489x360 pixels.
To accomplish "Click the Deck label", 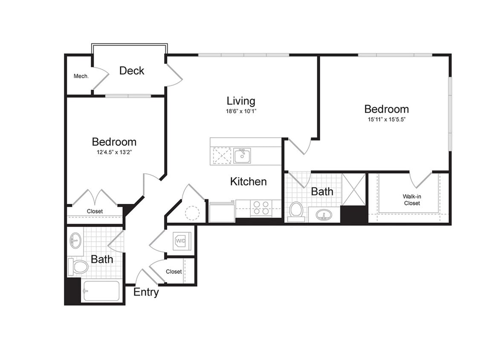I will pyautogui.click(x=132, y=71).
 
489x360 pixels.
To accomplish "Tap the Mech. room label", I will pyautogui.click(x=81, y=76).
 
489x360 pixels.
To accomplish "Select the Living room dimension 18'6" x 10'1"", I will pyautogui.click(x=241, y=111).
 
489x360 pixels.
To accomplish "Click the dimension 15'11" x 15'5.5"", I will pyautogui.click(x=386, y=119).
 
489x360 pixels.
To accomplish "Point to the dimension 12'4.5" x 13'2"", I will pyautogui.click(x=114, y=152).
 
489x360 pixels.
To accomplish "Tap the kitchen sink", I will pyautogui.click(x=242, y=156).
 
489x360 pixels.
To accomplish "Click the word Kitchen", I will pyautogui.click(x=248, y=182).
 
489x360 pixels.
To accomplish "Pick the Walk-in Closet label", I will pyautogui.click(x=411, y=200).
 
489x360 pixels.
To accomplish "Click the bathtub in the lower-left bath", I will pyautogui.click(x=101, y=291).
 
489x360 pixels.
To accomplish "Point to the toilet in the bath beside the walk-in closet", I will pyautogui.click(x=296, y=210).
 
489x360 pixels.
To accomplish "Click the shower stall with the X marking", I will pyautogui.click(x=354, y=189).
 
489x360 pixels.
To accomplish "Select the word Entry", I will pyautogui.click(x=146, y=293).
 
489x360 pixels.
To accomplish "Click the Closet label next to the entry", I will pyautogui.click(x=174, y=272).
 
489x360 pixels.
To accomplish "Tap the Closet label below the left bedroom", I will pyautogui.click(x=95, y=212).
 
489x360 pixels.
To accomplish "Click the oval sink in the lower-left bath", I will pyautogui.click(x=75, y=241).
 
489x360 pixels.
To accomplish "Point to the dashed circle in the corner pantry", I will pyautogui.click(x=192, y=213).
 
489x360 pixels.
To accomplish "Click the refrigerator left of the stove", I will pyautogui.click(x=222, y=212).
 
